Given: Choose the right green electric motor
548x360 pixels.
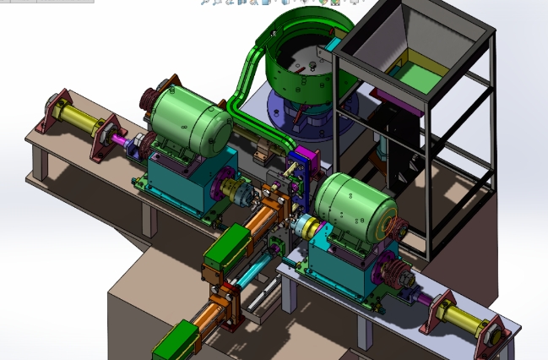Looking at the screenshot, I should (355, 207).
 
